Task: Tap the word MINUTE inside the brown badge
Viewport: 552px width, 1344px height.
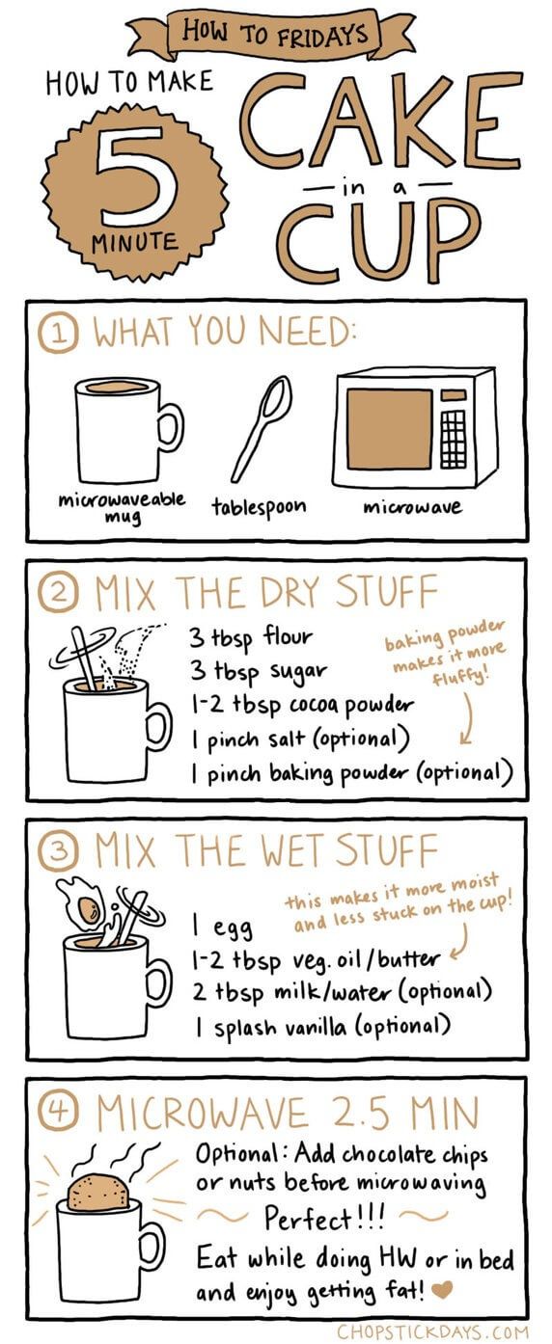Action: [x=135, y=242]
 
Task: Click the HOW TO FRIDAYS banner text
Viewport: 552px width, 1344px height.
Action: [x=275, y=32]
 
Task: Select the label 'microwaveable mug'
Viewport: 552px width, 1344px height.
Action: [x=122, y=507]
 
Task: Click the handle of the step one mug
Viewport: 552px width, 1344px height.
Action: [x=172, y=428]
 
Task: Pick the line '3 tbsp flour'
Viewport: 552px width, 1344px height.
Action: [x=251, y=638]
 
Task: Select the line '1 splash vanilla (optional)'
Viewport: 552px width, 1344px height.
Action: [x=321, y=1028]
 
